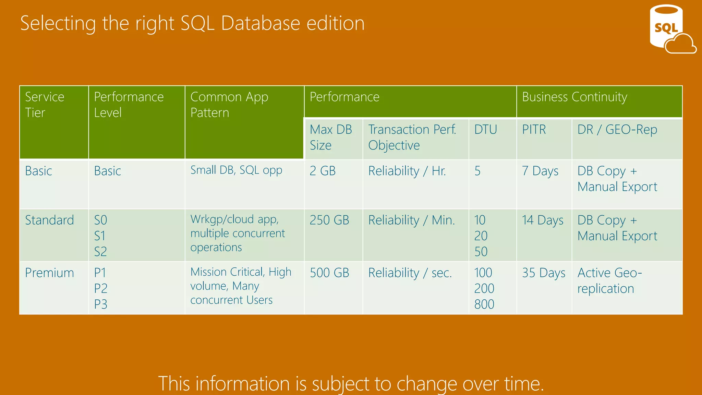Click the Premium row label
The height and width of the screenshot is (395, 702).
pyautogui.click(x=49, y=273)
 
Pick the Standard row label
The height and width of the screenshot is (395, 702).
pyautogui.click(x=49, y=220)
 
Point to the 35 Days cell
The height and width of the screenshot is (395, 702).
pyautogui.click(x=543, y=273)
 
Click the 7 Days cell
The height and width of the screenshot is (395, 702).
pyautogui.click(x=540, y=171)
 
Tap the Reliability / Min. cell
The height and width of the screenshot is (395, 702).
pyautogui.click(x=411, y=220)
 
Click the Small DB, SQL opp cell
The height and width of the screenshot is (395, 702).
pyautogui.click(x=236, y=170)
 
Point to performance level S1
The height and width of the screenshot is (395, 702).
pyautogui.click(x=100, y=236)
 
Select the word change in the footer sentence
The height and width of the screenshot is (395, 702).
pyautogui.click(x=427, y=384)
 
